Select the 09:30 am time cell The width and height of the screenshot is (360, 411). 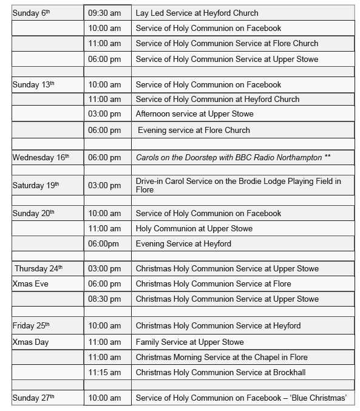pyautogui.click(x=104, y=13)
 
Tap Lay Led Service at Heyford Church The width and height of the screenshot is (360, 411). pyautogui.click(x=197, y=13)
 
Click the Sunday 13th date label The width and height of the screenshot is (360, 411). pyautogui.click(x=33, y=84)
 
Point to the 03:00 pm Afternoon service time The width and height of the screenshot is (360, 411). pyautogui.click(x=104, y=114)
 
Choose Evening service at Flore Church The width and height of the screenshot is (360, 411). pyautogui.click(x=194, y=130)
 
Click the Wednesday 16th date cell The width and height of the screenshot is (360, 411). pyautogui.click(x=41, y=157)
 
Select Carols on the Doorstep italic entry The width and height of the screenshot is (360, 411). pyautogui.click(x=233, y=157)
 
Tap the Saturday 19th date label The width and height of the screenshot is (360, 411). pyautogui.click(x=36, y=185)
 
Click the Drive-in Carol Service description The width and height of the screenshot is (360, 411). pyautogui.click(x=238, y=185)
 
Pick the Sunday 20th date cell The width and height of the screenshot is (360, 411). pyautogui.click(x=33, y=213)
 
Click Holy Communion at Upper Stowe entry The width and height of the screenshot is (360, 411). pyautogui.click(x=194, y=228)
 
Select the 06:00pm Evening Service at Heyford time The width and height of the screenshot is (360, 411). pyautogui.click(x=104, y=243)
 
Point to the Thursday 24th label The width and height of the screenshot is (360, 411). pyautogui.click(x=38, y=268)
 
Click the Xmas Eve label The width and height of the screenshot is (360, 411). pyautogui.click(x=30, y=284)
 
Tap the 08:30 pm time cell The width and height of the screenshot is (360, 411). pyautogui.click(x=104, y=299)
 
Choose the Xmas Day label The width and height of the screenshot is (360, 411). pyautogui.click(x=30, y=342)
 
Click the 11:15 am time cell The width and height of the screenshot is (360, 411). pyautogui.click(x=104, y=372)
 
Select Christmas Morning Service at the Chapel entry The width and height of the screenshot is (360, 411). pyautogui.click(x=222, y=357)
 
